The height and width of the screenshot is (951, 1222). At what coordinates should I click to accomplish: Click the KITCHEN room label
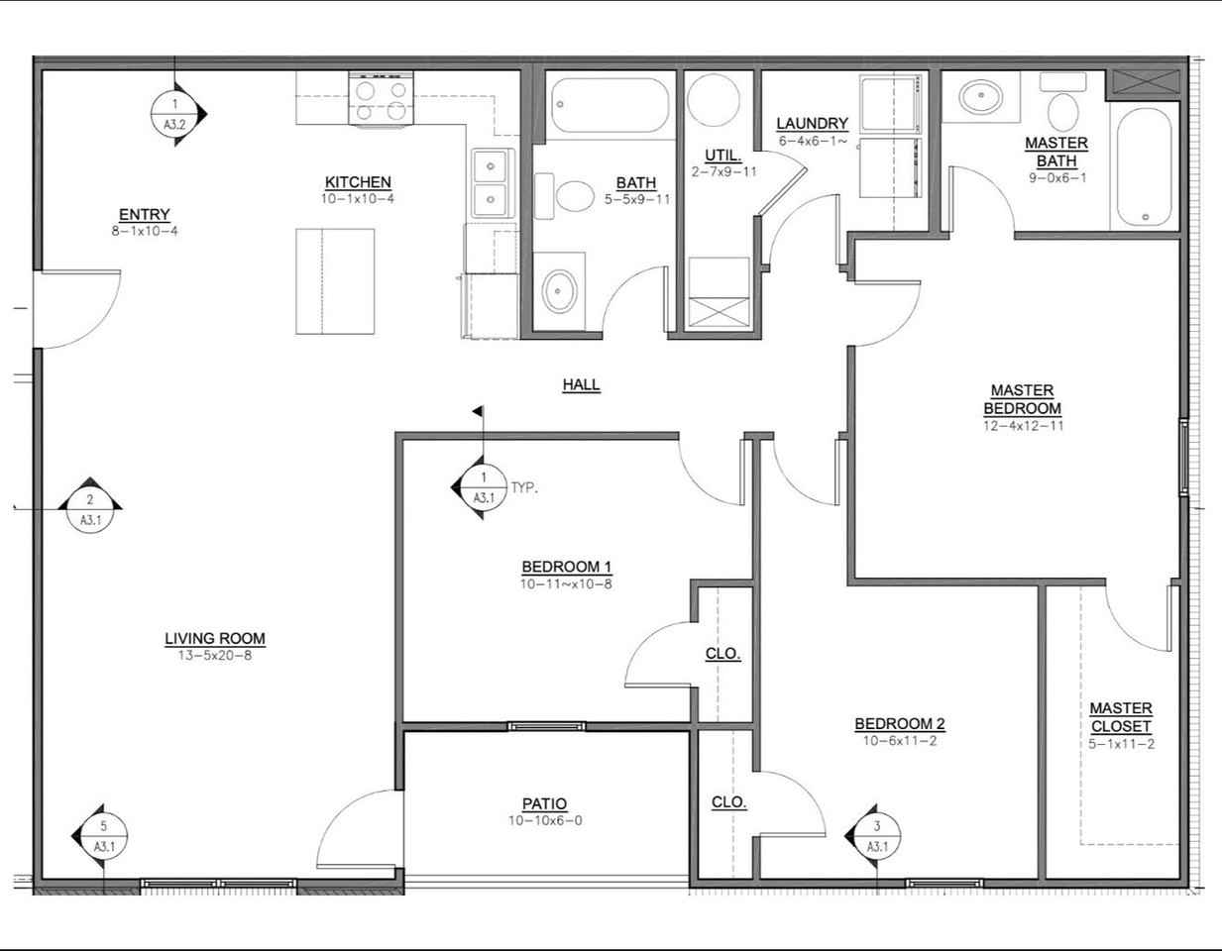pyautogui.click(x=358, y=182)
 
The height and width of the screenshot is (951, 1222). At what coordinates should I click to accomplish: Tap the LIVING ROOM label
pyautogui.click(x=215, y=639)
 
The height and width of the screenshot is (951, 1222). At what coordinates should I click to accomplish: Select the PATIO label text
pyautogui.click(x=544, y=803)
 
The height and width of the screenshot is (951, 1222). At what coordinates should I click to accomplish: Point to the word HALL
pyautogui.click(x=581, y=385)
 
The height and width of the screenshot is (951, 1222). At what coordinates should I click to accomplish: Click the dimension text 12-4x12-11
pyautogui.click(x=1023, y=426)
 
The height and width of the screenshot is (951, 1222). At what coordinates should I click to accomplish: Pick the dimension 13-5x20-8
pyautogui.click(x=215, y=656)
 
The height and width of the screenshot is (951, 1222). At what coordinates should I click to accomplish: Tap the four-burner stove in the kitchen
pyautogui.click(x=381, y=98)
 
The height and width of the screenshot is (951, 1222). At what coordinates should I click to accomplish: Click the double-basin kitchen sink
pyautogui.click(x=493, y=182)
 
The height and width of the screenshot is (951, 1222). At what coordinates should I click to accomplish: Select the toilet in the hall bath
pyautogui.click(x=564, y=196)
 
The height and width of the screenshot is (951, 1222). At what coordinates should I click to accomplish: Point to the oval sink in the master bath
pyautogui.click(x=981, y=97)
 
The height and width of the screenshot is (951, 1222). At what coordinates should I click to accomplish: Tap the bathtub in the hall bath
pyautogui.click(x=611, y=106)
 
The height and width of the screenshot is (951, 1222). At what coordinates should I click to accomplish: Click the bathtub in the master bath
pyautogui.click(x=1145, y=167)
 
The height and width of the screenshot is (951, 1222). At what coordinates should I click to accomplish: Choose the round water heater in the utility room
pyautogui.click(x=713, y=100)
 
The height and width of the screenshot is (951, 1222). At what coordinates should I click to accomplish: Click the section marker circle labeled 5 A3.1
pyautogui.click(x=103, y=836)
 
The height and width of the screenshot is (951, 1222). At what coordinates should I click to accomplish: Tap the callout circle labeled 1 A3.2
pyautogui.click(x=174, y=114)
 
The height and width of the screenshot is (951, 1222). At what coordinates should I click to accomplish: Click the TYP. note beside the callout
pyautogui.click(x=524, y=487)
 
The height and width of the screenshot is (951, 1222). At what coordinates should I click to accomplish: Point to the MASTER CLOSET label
pyautogui.click(x=1121, y=717)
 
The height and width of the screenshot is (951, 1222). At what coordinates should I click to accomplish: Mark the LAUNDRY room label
pyautogui.click(x=812, y=123)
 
